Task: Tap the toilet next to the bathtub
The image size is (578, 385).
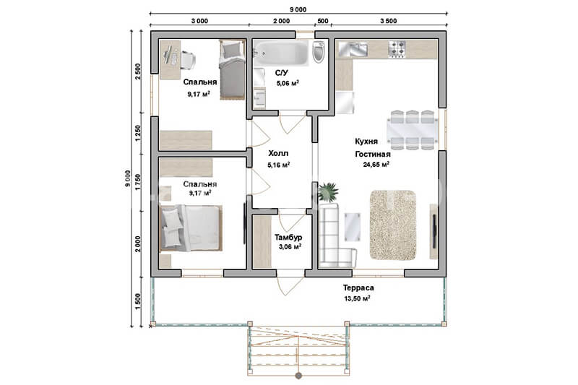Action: pyautogui.click(x=319, y=51)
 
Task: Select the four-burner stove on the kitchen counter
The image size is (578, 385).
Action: pyautogui.click(x=397, y=49)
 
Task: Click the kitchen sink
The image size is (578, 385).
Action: pyautogui.click(x=353, y=49)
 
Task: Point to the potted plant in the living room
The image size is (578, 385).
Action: pyautogui.click(x=328, y=192)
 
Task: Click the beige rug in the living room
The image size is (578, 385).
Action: pyautogui.click(x=393, y=225)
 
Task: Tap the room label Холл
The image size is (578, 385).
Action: pyautogui.click(x=278, y=153)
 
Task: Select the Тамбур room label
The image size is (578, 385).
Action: pyautogui.click(x=288, y=237)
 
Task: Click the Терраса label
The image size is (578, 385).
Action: pyautogui.click(x=358, y=287)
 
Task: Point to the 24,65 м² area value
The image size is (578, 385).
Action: pyautogui.click(x=376, y=164)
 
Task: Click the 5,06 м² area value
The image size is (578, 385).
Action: pyautogui.click(x=288, y=83)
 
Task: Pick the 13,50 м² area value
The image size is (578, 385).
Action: pyautogui.click(x=357, y=298)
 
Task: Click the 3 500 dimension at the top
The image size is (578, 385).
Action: pyautogui.click(x=389, y=21)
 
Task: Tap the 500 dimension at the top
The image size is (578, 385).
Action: pyautogui.click(x=322, y=21)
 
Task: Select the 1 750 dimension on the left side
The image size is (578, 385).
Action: pyautogui.click(x=138, y=182)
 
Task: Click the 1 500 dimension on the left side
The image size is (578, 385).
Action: pyautogui.click(x=138, y=301)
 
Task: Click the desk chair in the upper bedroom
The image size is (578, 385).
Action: pyautogui.click(x=188, y=60)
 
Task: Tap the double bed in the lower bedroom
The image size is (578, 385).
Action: pyautogui.click(x=191, y=228)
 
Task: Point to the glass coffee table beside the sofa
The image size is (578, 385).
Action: pyautogui.click(x=353, y=228)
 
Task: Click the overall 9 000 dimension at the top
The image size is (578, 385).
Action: pyautogui.click(x=298, y=9)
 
